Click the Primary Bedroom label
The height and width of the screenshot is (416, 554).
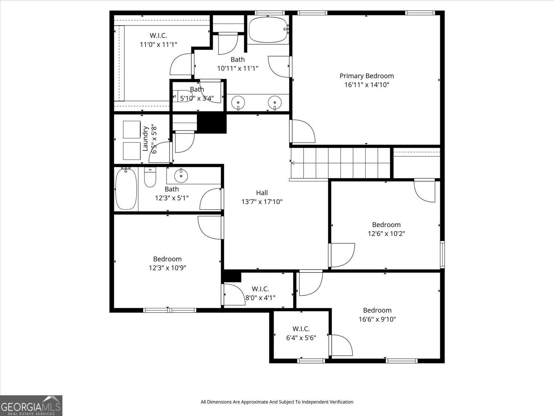(366, 76)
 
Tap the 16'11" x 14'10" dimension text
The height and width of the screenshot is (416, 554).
(367, 85)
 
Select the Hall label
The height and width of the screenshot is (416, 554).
(262, 193)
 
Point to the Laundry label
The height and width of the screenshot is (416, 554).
(145, 139)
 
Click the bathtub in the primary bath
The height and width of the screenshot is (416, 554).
(268, 30)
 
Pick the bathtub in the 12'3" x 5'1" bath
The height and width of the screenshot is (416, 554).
(126, 189)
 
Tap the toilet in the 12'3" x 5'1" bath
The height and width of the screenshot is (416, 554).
(150, 177)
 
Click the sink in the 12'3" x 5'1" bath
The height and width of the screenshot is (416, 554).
(181, 175)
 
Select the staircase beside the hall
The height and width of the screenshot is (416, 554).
(341, 163)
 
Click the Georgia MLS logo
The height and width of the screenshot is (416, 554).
(31, 405)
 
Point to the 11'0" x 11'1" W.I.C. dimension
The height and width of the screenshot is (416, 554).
(158, 45)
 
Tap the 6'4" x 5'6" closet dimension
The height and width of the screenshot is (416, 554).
(301, 338)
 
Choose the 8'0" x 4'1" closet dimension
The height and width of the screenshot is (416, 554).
(260, 298)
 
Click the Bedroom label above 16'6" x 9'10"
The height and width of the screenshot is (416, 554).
(377, 310)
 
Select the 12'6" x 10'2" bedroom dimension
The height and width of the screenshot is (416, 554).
(386, 234)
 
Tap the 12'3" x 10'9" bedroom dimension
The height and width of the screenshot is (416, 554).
(167, 268)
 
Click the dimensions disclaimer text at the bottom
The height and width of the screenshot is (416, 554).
(277, 402)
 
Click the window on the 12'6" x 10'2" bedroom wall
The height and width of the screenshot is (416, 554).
(442, 254)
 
